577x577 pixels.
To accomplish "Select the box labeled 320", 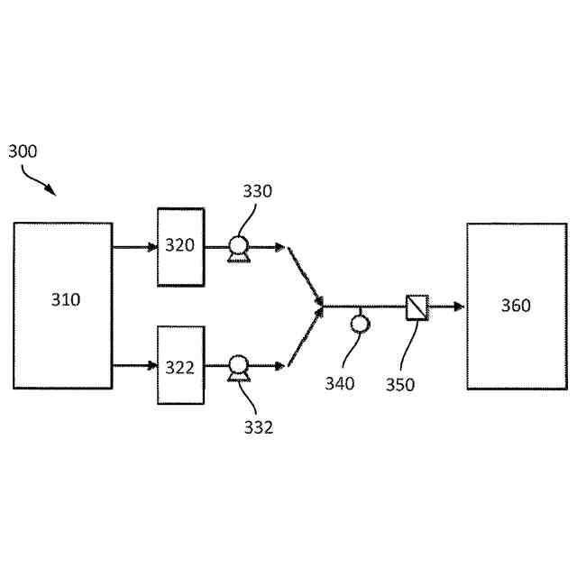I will coord(180,246).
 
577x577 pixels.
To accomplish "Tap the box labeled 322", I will coord(180,365).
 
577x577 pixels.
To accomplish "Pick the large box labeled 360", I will coord(515,306).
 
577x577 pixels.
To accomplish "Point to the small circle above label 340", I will coord(360,323).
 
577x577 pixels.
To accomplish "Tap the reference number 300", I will coord(23,151).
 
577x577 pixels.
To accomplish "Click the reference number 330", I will coord(257,190).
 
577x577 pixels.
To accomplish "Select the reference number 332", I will coord(258,426).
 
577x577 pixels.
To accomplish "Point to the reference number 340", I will coord(340,383).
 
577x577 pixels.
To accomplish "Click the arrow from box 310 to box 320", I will coord(134,246).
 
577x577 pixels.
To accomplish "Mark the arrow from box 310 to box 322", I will coord(134,365).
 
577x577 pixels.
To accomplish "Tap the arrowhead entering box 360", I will coord(459,307).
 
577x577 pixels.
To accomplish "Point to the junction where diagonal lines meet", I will coord(323,306).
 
